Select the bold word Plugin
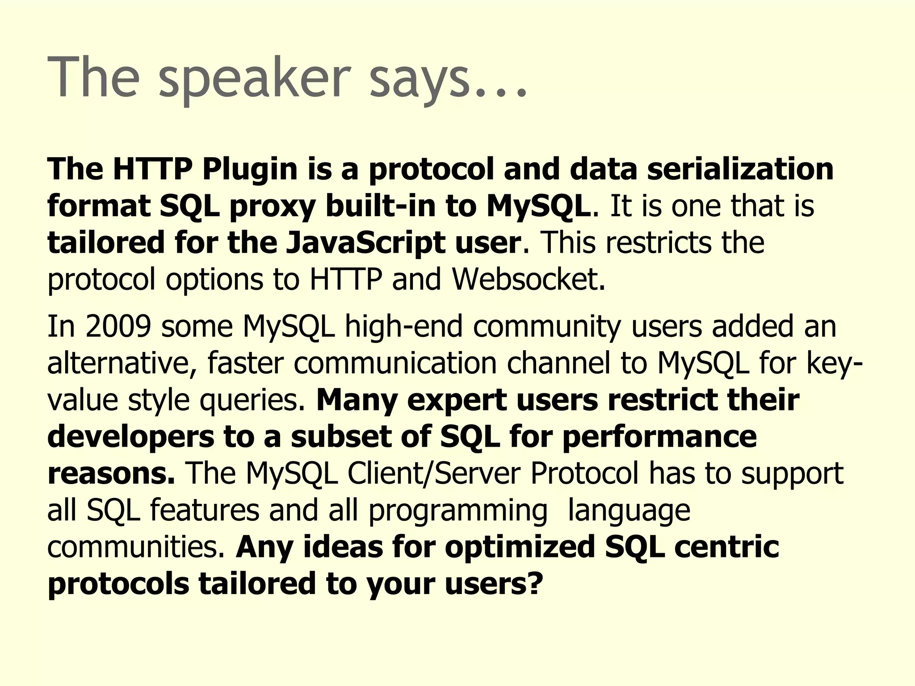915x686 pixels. pyautogui.click(x=250, y=169)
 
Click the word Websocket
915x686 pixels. pyautogui.click(x=528, y=280)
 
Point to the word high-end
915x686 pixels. pyautogui.click(x=403, y=326)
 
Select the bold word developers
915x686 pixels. pyautogui.click(x=130, y=437)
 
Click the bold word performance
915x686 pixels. pyautogui.click(x=659, y=437)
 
